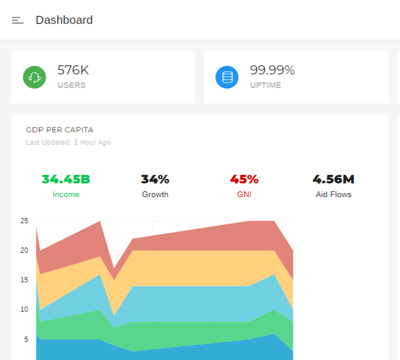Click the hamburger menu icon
coord(18,21)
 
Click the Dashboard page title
coord(64,20)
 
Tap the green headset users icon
coord(34,77)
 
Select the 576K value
coord(73,70)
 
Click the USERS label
coord(71,85)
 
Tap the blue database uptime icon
coord(227,77)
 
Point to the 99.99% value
coord(272,70)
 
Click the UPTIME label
coord(265,85)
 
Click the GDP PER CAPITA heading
coord(59,130)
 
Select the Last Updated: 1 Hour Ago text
coord(68,142)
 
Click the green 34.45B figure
coord(66,179)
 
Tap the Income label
coord(66,194)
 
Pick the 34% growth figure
coord(155,179)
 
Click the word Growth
coord(155,194)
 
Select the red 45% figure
coord(244,179)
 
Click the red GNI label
coord(244,194)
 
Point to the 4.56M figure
coord(333,179)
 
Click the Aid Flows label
coord(333,194)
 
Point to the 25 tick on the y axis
coord(24,221)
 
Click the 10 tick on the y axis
coord(24,310)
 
